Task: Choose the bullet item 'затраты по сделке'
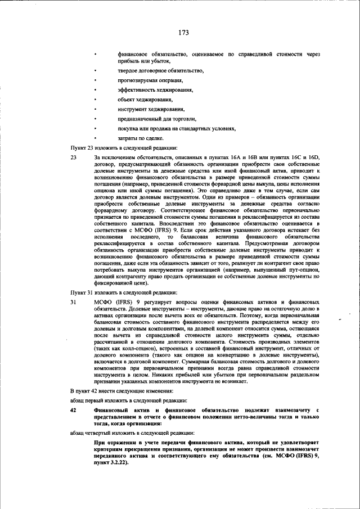(141, 138)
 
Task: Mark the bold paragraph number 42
(73, 411)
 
